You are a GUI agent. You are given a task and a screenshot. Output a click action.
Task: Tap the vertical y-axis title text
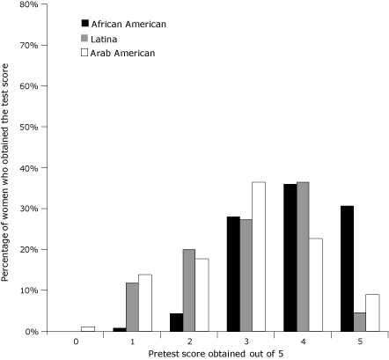point(6,167)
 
